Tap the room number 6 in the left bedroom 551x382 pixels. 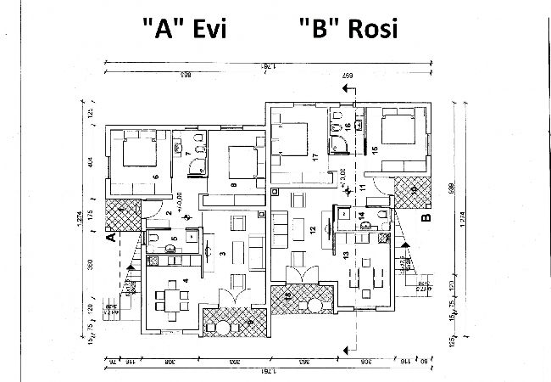(156, 176)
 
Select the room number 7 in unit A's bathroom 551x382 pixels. (186, 154)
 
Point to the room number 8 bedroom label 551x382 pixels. (233, 183)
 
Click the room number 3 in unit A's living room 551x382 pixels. (223, 253)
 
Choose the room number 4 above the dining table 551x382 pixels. (185, 281)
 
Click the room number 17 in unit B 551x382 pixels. (314, 158)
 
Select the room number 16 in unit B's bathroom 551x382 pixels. (348, 126)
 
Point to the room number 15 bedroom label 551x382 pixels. (374, 150)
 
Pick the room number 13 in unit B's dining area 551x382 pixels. (345, 254)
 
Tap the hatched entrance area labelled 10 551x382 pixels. (414, 190)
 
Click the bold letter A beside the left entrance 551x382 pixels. (110, 238)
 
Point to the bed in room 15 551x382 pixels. (397, 130)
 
